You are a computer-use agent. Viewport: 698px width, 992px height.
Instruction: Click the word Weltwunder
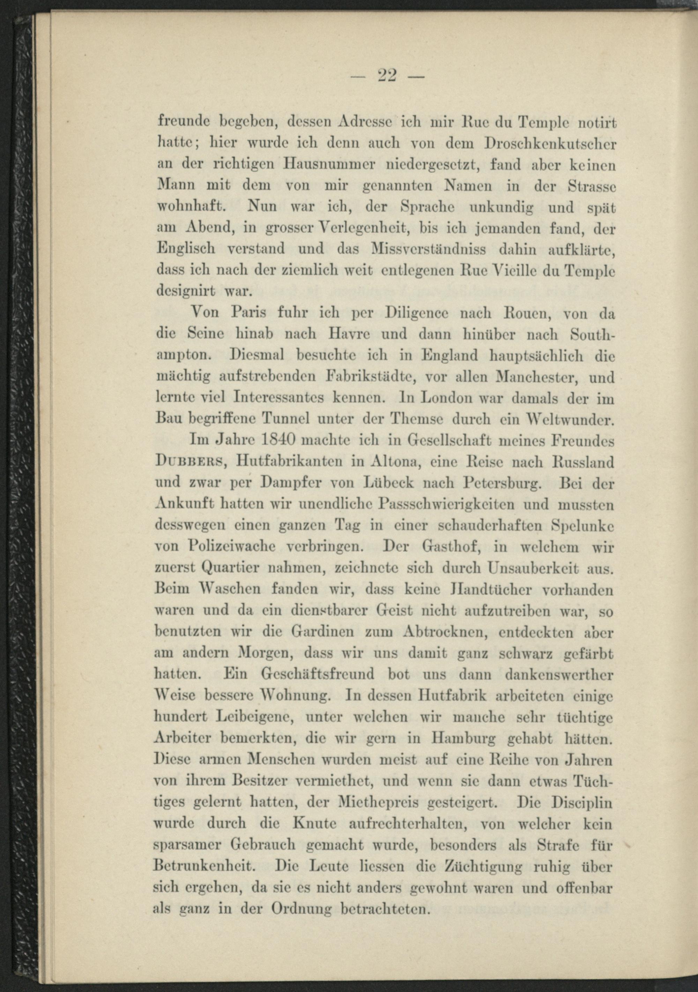[566, 420]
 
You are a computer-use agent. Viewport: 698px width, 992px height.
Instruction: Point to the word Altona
[395, 462]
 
